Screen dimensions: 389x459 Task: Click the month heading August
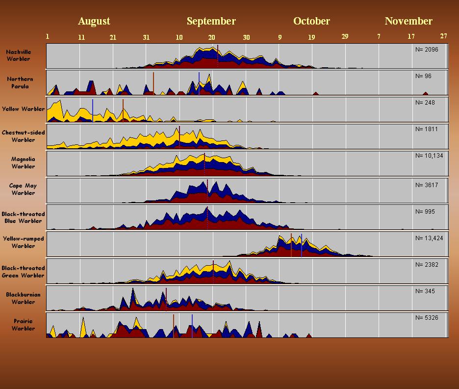click(x=94, y=21)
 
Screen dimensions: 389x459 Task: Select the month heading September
click(x=211, y=21)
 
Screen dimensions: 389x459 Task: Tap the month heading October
click(x=311, y=21)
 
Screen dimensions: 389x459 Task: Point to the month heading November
click(x=408, y=21)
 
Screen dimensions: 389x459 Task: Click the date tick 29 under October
click(x=345, y=36)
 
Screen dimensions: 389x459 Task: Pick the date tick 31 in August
click(x=146, y=37)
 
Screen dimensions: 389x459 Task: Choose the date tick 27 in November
click(x=443, y=36)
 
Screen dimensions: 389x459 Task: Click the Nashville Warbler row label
click(x=19, y=55)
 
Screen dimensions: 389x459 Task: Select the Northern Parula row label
click(x=21, y=83)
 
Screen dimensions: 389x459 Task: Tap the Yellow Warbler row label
click(x=23, y=109)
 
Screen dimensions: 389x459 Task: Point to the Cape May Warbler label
click(x=23, y=189)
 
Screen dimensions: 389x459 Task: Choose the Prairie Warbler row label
click(x=23, y=325)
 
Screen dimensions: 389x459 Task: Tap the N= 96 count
click(x=423, y=76)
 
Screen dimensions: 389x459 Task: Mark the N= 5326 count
click(x=427, y=318)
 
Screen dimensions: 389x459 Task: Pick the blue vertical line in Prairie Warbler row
click(x=192, y=325)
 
